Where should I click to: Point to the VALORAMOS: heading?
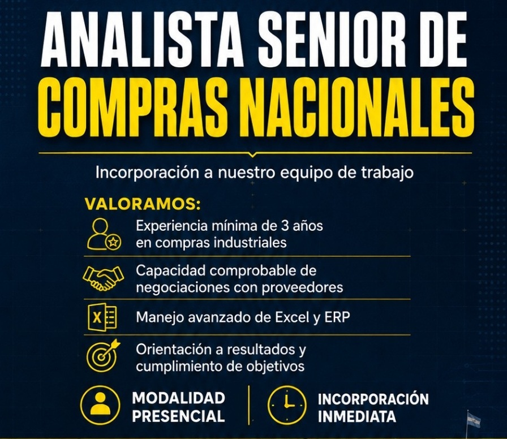click(143, 205)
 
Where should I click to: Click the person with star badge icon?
click(104, 234)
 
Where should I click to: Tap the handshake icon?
click(103, 278)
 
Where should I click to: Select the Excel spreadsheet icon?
click(102, 316)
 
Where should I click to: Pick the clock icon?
click(286, 406)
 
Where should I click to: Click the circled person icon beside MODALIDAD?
click(100, 406)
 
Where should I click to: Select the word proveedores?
click(302, 287)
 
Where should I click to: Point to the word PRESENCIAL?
click(178, 415)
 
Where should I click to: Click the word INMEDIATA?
click(357, 416)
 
